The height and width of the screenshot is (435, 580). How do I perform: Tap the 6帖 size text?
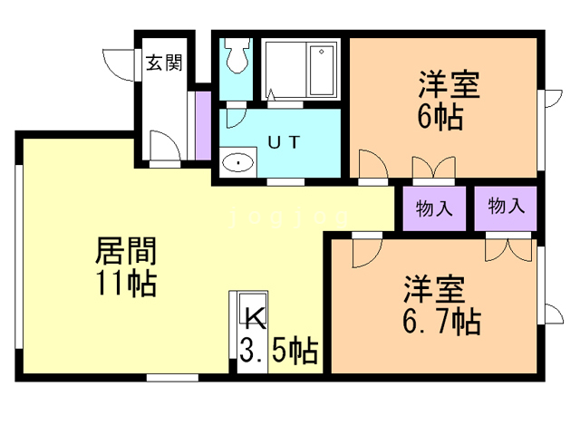pyautogui.click(x=441, y=117)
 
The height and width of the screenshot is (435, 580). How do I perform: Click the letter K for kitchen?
pyautogui.click(x=254, y=318)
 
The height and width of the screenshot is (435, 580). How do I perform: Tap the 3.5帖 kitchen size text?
pyautogui.click(x=278, y=350)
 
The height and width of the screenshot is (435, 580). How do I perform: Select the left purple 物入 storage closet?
pyautogui.click(x=434, y=208)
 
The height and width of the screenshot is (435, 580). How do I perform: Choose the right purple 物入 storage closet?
pyautogui.click(x=506, y=206)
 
